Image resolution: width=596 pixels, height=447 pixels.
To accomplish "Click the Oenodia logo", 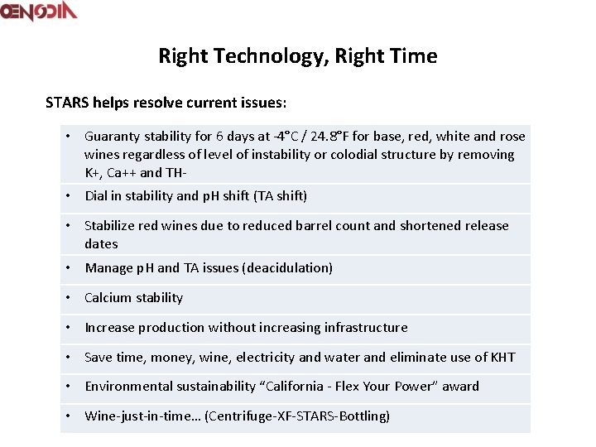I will (x=39, y=12).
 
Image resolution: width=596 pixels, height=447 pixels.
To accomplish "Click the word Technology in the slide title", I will (x=255, y=56).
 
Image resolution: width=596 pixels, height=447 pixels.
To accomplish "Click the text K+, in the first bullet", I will (x=94, y=173).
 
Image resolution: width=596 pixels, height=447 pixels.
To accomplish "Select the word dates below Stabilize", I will (x=101, y=244).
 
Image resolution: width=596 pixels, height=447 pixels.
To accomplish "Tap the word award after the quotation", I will (x=460, y=387).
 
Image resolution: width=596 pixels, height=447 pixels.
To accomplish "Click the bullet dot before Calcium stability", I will (x=67, y=298).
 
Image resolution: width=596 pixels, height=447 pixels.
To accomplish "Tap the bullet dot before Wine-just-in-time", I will (x=67, y=416).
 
